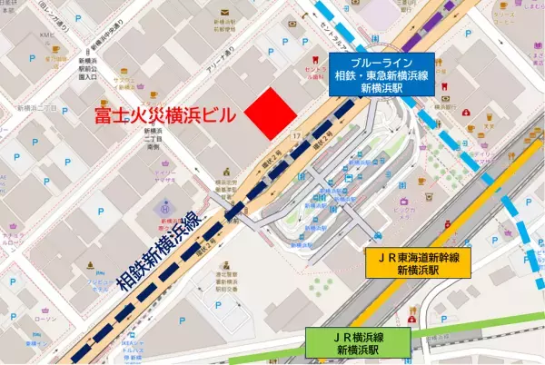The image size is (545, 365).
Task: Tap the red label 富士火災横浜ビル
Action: pyautogui.click(x=166, y=116)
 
